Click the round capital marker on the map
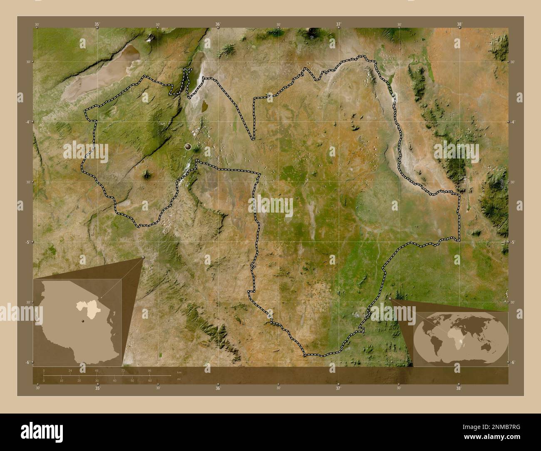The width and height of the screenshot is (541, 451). click(188, 146)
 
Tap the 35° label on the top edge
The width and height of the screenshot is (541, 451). click(97, 25)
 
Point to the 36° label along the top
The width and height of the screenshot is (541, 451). click(218, 25)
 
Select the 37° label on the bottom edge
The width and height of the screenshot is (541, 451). click(338, 388)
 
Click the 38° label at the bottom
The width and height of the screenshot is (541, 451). click(459, 388)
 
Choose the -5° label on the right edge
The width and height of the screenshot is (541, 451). click(514, 242)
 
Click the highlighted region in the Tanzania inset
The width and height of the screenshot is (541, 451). click(86, 310)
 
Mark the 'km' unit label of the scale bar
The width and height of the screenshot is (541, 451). click(179, 372)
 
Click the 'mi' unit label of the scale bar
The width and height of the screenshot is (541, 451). click(179, 379)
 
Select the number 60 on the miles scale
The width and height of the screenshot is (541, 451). click(150, 381)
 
